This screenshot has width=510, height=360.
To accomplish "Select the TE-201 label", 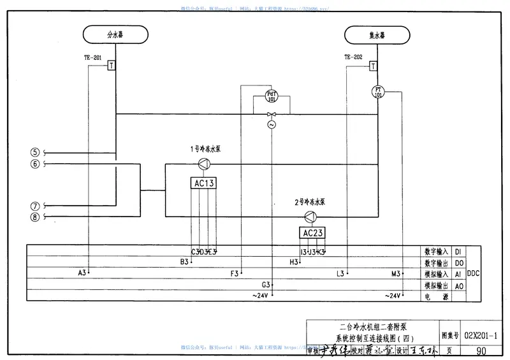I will tap(93, 57).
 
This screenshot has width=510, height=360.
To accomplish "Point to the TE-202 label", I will tap(354, 57).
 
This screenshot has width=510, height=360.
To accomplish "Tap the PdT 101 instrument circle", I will tap(272, 97).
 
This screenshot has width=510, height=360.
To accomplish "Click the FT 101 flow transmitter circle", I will tap(377, 91).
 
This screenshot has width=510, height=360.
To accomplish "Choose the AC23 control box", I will tap(314, 233).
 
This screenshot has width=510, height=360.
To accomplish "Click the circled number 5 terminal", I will tap(35, 152).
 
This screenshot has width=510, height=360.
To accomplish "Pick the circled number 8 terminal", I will tap(35, 217).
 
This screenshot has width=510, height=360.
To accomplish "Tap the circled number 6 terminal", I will tap(35, 164).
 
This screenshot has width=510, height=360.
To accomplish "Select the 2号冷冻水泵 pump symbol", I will tap(310, 216).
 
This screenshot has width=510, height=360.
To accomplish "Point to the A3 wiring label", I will tap(82, 273).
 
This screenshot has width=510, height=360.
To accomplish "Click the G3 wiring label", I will tap(266, 284).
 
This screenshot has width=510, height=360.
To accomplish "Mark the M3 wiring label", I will tap(396, 273).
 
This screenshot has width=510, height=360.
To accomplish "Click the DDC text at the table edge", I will tap(474, 273).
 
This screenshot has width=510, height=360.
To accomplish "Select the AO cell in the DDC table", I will tap(458, 285).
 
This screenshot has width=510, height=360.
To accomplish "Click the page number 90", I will tap(481, 350).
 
